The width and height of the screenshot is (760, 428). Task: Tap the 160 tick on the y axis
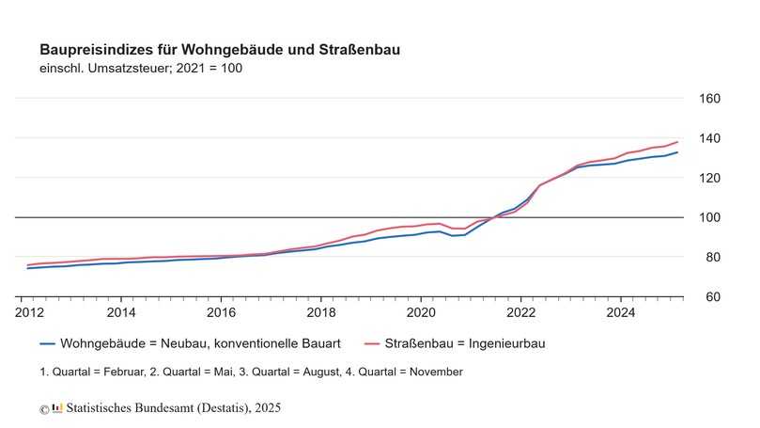point(709,99)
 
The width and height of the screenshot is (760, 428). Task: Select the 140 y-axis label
point(709,138)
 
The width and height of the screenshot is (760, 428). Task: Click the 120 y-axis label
point(709,178)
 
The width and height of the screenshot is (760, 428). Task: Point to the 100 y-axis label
point(709,217)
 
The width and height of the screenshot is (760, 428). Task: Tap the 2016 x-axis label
point(221,311)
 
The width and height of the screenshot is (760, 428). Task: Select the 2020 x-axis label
point(421,311)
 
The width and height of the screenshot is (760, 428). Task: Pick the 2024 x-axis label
point(620,311)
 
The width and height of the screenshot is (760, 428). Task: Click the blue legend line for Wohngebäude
point(47,344)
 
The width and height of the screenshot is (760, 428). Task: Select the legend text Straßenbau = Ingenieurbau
point(468,344)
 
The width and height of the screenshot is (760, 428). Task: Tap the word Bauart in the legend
point(319,344)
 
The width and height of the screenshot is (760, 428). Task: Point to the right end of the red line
point(677,142)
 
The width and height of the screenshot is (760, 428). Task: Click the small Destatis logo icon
point(57,408)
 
